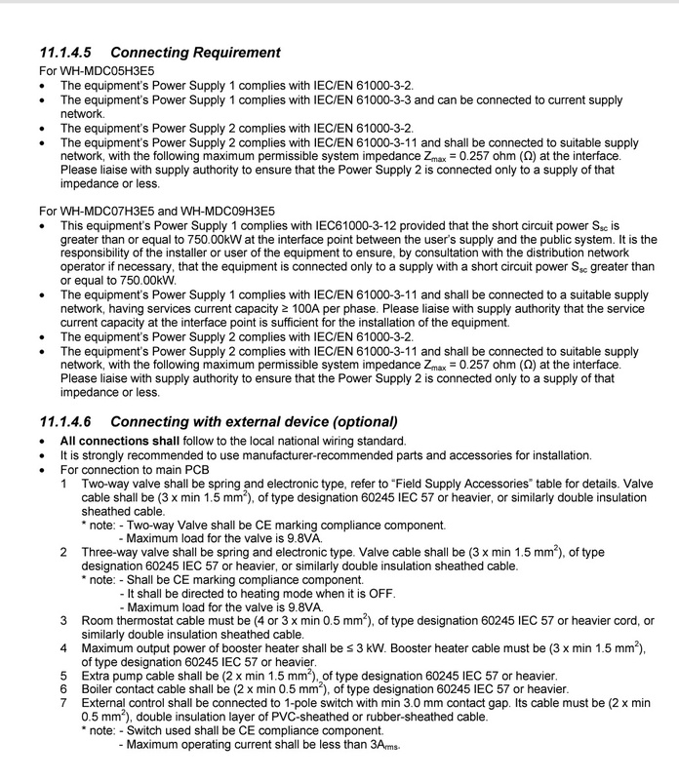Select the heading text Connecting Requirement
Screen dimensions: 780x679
[x=196, y=52]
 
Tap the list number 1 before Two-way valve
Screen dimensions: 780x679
[x=64, y=482]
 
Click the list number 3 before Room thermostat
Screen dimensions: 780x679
[x=64, y=621]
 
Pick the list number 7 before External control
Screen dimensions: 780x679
[x=64, y=701]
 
